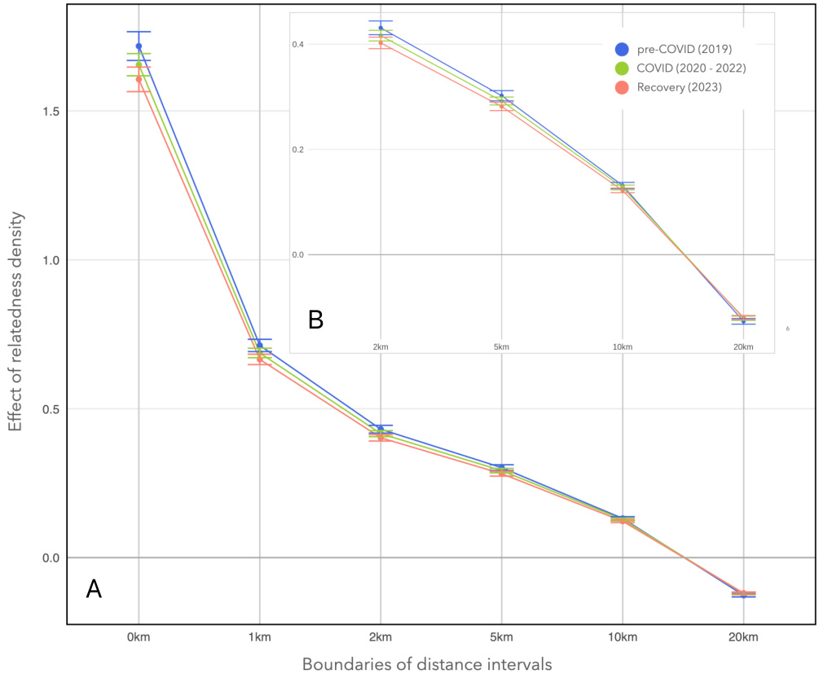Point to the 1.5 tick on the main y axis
[50, 111]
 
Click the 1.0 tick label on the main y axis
[50, 260]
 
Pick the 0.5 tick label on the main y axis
[50, 409]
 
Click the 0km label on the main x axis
[139, 637]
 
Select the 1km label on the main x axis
[259, 637]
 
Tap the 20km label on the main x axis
[743, 637]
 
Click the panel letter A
[95, 589]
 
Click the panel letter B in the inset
[315, 320]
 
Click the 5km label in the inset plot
[501, 346]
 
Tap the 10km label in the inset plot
[623, 346]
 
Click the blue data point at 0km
[139, 46]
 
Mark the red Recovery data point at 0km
[139, 79]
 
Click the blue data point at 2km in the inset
[381, 28]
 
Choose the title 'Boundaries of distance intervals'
[427, 664]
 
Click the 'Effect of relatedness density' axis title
[15, 323]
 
